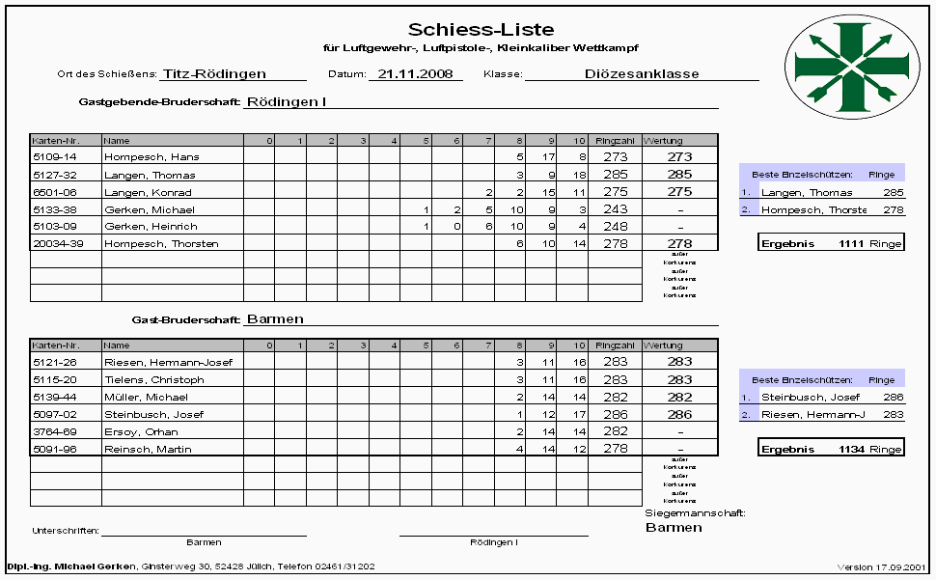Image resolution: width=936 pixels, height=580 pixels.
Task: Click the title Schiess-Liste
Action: coord(481,30)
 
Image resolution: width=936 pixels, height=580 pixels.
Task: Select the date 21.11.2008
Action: coord(415,73)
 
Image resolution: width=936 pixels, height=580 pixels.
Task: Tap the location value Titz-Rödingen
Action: coord(214,73)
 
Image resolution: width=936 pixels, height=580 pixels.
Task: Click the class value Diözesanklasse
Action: coord(642,73)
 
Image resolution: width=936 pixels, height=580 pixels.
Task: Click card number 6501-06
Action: coord(55,192)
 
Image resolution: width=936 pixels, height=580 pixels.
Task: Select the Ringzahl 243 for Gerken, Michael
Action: coord(615,209)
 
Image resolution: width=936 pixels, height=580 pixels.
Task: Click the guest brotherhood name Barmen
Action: coord(275,318)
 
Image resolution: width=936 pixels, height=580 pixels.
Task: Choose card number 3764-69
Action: coord(55,432)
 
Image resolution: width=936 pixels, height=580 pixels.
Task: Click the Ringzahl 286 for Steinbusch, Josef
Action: coord(615,415)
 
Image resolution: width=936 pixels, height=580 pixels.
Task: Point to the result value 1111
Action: coord(852,243)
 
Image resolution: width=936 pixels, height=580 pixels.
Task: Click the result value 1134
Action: coord(852,449)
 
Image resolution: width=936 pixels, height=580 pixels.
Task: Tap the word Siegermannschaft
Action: coord(694,513)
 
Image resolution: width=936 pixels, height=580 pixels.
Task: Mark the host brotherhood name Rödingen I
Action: coord(287,100)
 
